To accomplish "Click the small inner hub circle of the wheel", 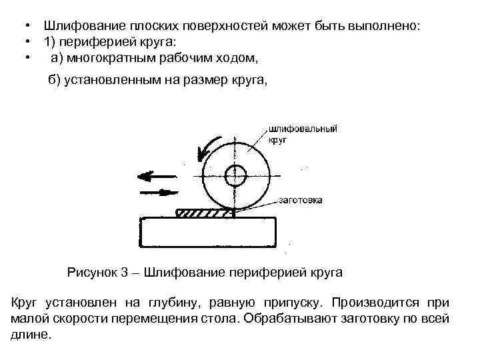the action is pyautogui.click(x=235, y=176).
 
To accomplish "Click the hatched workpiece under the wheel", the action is pyautogui.click(x=203, y=213).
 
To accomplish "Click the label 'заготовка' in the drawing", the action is pyautogui.click(x=300, y=200).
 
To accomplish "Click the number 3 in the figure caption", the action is pyautogui.click(x=124, y=272).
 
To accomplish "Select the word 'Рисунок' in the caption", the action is pyautogui.click(x=92, y=272).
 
